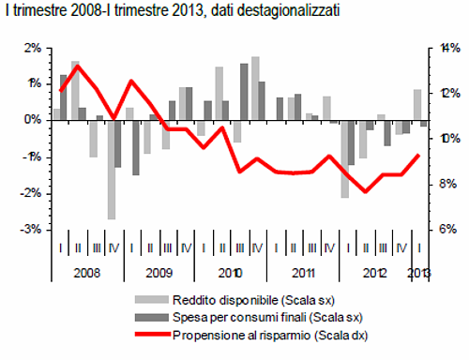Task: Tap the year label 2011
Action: click(302, 273)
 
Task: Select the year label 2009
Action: click(159, 273)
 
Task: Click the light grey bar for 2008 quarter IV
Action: click(111, 170)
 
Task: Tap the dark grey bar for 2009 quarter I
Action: click(136, 147)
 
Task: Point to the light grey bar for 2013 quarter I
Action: click(417, 105)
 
